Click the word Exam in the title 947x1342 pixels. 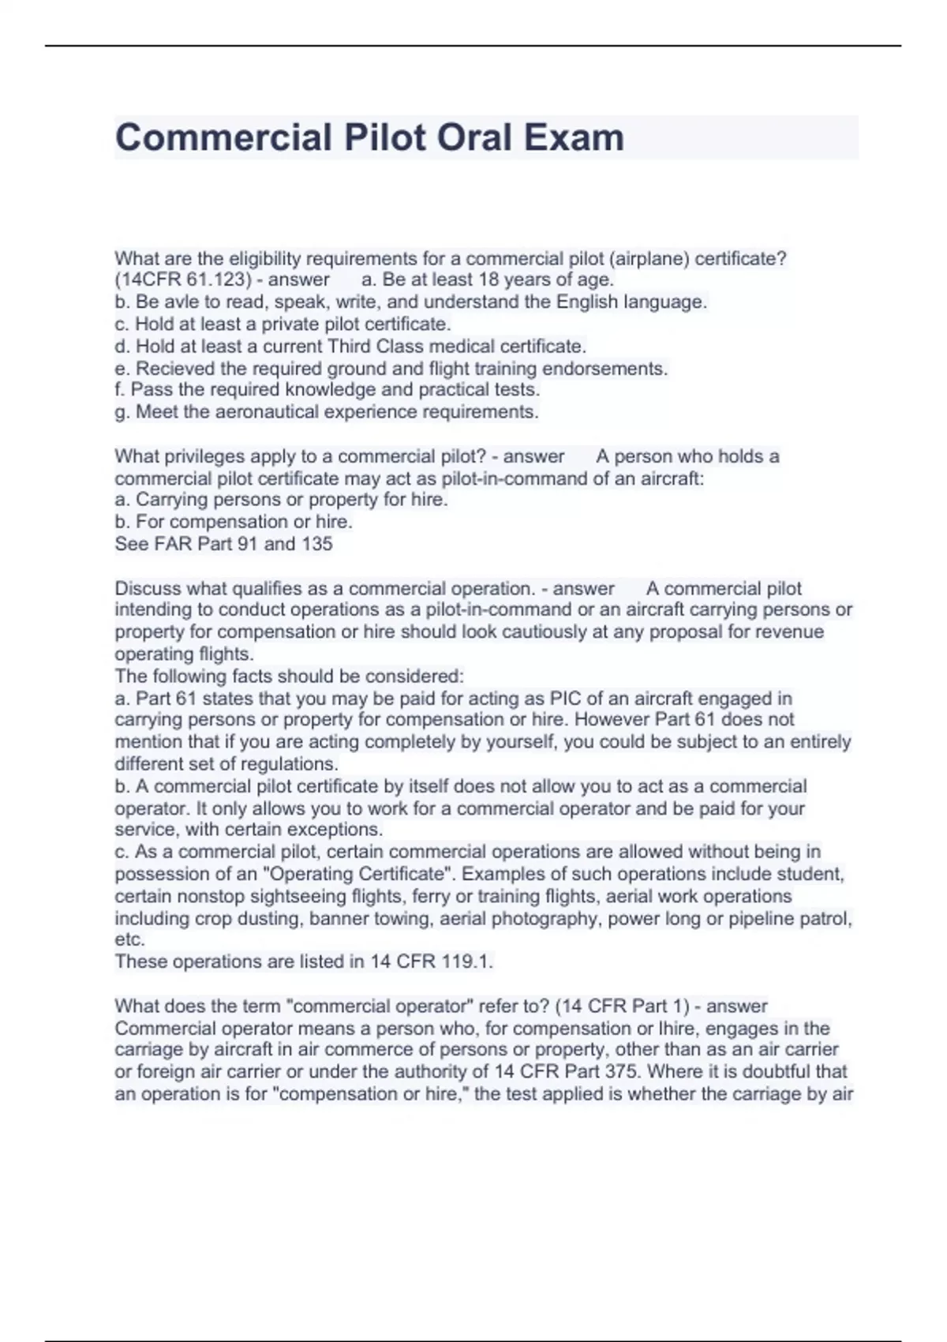pos(574,137)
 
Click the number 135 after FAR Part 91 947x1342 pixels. pos(316,544)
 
